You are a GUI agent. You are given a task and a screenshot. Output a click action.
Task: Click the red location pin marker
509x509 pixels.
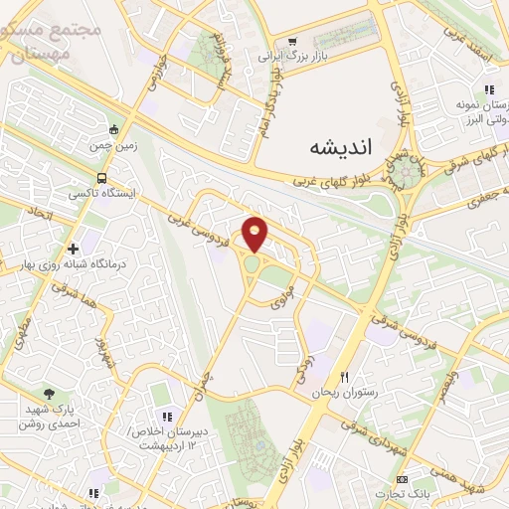255,234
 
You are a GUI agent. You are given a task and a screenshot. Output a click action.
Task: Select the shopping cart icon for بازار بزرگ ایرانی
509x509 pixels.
292,42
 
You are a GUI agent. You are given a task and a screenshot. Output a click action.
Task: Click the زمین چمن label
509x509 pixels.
113,145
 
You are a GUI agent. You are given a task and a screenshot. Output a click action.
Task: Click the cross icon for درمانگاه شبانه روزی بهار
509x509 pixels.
74,249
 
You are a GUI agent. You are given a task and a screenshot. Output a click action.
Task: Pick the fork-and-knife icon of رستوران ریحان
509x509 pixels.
345,377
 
